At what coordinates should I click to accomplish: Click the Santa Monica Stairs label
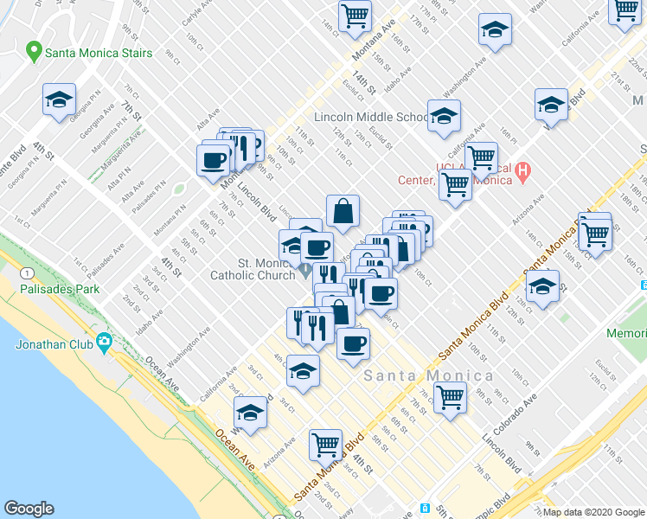click(99, 53)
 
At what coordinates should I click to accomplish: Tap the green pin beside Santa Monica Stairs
click(35, 52)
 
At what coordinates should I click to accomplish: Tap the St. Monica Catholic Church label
click(256, 269)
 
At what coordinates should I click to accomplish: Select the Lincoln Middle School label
click(371, 117)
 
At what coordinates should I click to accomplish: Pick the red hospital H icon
click(522, 174)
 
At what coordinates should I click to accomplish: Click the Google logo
click(29, 509)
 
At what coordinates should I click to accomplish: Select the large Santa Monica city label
click(428, 375)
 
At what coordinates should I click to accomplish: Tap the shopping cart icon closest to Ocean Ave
click(326, 444)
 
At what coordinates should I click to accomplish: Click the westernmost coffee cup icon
click(214, 158)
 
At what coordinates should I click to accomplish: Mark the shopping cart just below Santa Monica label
click(450, 398)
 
